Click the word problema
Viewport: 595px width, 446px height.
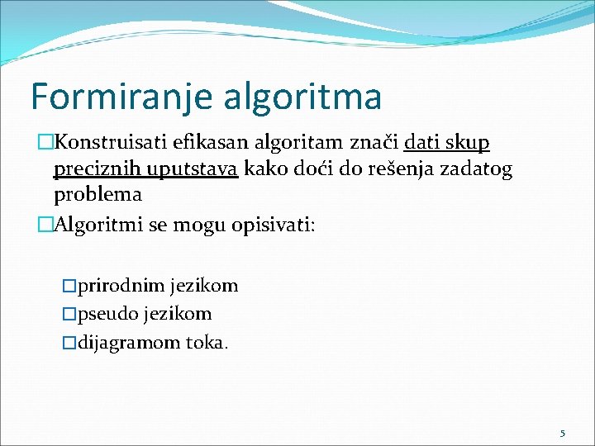(98, 196)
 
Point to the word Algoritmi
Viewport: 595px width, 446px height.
(98, 224)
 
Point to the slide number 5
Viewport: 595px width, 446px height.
(563, 433)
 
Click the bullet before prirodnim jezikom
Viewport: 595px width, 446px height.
(69, 287)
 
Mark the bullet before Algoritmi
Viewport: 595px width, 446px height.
(45, 224)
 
